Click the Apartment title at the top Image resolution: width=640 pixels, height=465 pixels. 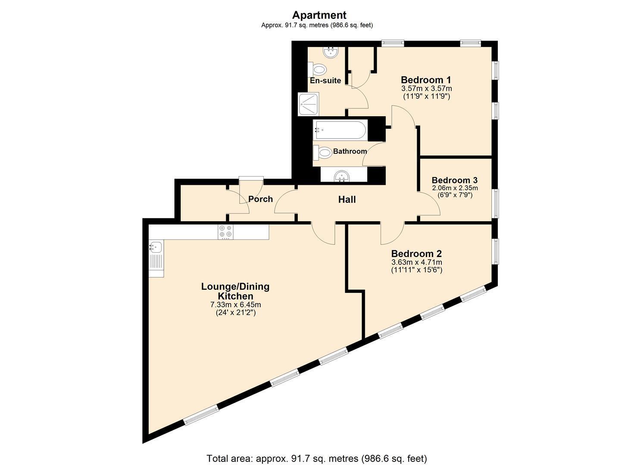pos(319,15)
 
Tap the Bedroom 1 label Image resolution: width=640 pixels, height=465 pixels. pos(426,80)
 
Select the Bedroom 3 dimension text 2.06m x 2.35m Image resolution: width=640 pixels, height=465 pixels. pos(455,188)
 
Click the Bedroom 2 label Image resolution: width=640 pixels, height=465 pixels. pos(417,254)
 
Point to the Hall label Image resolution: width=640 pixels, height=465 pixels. pos(347,199)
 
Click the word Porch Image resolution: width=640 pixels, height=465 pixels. pos(261,199)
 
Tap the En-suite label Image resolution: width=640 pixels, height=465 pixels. pos(325,81)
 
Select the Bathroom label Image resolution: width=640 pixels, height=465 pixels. pos(350,151)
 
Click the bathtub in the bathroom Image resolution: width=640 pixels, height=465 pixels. pos(340,130)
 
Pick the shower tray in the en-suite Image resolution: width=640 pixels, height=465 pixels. pos(308,104)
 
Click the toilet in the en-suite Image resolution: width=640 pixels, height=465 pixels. pos(317,69)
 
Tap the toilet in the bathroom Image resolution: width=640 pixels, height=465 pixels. pos(322,152)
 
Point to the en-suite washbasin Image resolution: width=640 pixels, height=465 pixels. pos(331,52)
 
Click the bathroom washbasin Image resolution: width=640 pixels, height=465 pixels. pos(342,176)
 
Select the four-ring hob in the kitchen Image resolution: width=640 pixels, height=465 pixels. pos(225,232)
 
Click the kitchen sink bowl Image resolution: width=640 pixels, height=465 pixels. pos(156,247)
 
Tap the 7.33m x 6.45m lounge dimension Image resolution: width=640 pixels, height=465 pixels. pos(235,304)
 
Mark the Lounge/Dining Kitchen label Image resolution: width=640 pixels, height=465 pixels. pos(235,291)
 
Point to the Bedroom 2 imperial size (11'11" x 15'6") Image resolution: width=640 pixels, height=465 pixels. pos(417,270)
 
